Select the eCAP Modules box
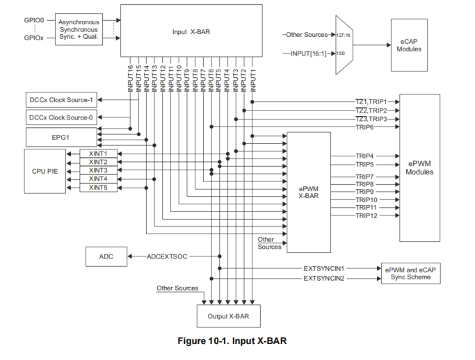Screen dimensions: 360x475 pos(409,45)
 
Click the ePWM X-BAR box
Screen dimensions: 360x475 pos(309,192)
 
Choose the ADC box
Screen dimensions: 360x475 pos(106,256)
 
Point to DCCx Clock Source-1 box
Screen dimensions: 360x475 pos(61,100)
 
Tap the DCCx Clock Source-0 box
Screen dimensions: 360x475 pos(61,117)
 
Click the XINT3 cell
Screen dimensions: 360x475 pos(98,170)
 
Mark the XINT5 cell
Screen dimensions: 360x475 pos(98,188)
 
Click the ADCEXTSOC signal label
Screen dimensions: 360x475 pos(168,256)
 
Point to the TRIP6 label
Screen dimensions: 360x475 pos(365,127)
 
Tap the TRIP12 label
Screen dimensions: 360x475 pos(366,216)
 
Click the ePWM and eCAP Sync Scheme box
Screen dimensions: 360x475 pos(412,272)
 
